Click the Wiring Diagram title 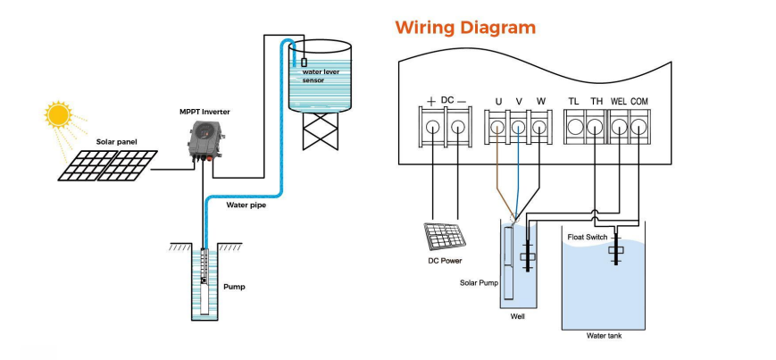(465, 27)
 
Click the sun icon (59, 115)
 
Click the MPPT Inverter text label (206, 112)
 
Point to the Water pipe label (245, 205)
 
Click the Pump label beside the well (234, 287)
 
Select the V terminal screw (519, 128)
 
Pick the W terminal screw (538, 128)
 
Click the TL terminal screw (575, 128)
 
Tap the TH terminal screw (597, 128)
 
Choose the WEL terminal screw (618, 128)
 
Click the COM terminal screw (638, 128)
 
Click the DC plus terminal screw (432, 128)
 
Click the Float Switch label (587, 237)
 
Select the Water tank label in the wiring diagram (604, 336)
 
